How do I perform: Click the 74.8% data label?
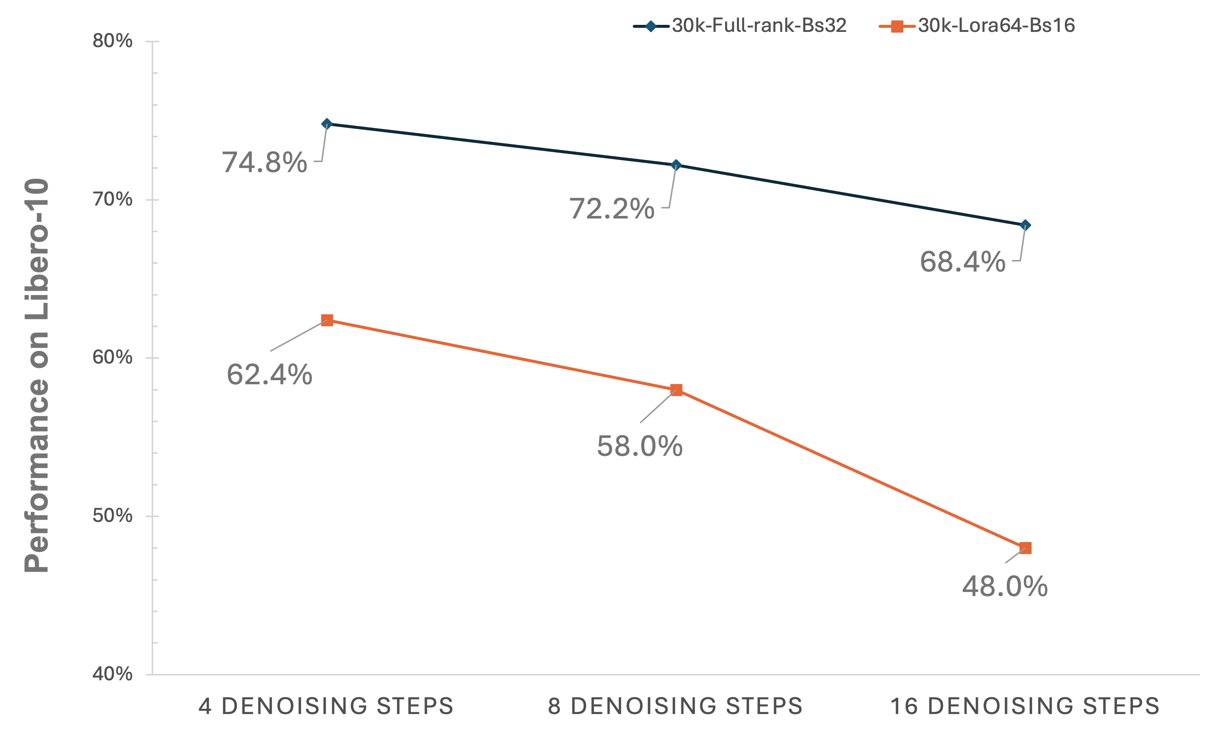click(265, 162)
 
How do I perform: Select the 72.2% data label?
click(612, 209)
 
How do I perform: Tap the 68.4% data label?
click(962, 262)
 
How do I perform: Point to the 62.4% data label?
click(269, 375)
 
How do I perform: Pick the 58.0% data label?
click(639, 447)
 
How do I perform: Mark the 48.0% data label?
click(1005, 586)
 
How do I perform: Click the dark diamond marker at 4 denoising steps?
click(327, 124)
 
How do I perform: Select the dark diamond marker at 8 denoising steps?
click(676, 165)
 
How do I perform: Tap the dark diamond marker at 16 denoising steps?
click(1025, 226)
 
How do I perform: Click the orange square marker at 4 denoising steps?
click(327, 320)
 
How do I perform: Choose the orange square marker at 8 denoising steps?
click(676, 390)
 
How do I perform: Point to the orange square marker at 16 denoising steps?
click(1025, 548)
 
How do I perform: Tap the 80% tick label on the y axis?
click(112, 41)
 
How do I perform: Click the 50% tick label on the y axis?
click(112, 516)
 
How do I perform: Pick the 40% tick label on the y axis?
click(112, 674)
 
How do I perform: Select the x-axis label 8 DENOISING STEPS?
click(675, 706)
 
